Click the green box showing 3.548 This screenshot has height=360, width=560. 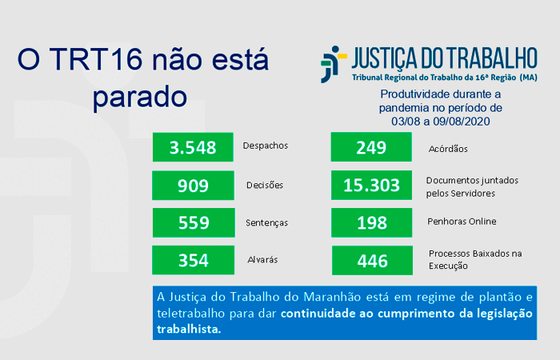(x=193, y=147)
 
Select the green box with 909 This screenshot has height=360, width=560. (x=194, y=186)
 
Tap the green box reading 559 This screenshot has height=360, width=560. (x=194, y=222)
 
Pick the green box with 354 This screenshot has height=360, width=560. (x=194, y=260)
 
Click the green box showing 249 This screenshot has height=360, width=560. (x=371, y=146)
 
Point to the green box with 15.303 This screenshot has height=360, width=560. (x=371, y=185)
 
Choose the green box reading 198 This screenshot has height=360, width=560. (x=372, y=222)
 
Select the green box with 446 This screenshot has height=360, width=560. (x=372, y=260)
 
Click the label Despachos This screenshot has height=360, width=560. (x=266, y=146)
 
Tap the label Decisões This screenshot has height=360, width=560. (x=265, y=185)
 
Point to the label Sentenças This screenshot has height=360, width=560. (x=266, y=223)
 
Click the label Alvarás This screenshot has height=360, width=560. (x=262, y=260)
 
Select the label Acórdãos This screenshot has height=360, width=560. (x=448, y=149)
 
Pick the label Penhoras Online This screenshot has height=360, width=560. (x=462, y=222)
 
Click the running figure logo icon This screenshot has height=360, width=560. (x=334, y=64)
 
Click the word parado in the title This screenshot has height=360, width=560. (x=140, y=98)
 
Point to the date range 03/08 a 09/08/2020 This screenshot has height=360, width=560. (x=440, y=122)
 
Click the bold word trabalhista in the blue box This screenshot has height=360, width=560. (x=189, y=329)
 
